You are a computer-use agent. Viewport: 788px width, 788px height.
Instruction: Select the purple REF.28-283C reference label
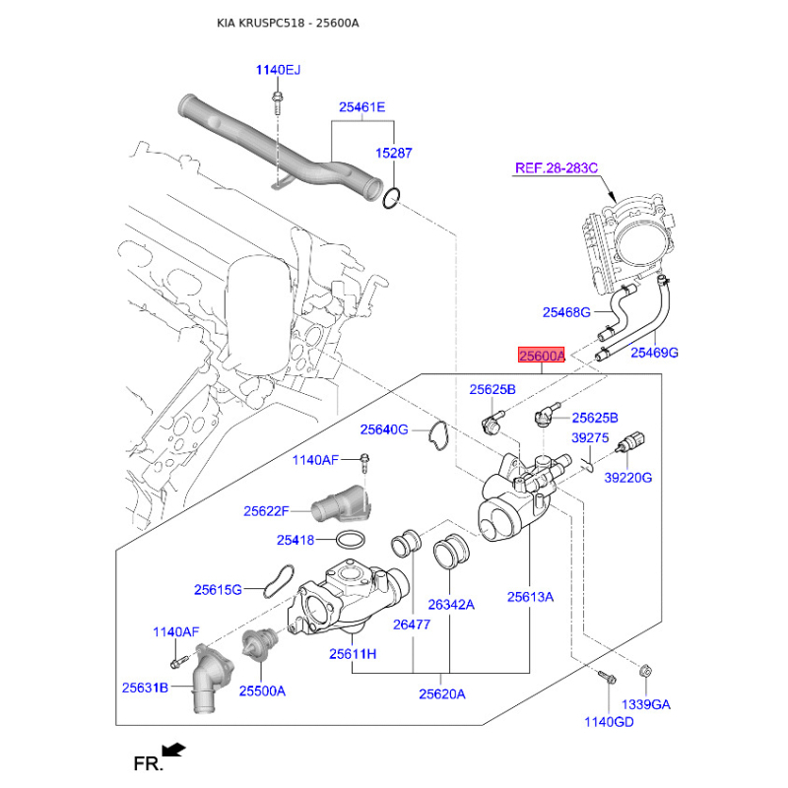tap(557, 168)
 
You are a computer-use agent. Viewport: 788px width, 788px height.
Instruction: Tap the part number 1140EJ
tap(278, 70)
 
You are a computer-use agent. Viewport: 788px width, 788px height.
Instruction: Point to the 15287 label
tap(393, 154)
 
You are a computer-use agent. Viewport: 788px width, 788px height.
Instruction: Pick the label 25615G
tap(218, 589)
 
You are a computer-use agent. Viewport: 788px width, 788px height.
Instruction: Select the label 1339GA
tap(646, 705)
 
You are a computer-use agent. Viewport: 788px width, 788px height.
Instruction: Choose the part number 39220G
tap(628, 478)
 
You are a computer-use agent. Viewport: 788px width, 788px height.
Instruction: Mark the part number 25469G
tap(655, 352)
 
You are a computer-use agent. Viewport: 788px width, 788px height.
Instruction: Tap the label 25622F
tap(267, 511)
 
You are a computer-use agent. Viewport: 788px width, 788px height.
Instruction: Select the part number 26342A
tap(451, 604)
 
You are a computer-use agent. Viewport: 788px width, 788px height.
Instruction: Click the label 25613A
tap(531, 596)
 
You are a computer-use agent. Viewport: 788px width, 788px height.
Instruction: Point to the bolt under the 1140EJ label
tap(278, 98)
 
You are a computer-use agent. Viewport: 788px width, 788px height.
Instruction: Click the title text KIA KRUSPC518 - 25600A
tap(289, 22)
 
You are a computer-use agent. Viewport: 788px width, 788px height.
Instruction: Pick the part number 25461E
tap(362, 107)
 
